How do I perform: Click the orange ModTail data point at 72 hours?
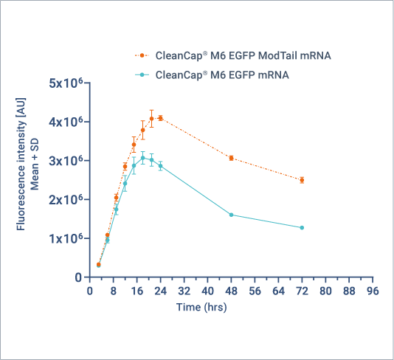tap(302, 180)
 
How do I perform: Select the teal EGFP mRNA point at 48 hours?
tap(231, 215)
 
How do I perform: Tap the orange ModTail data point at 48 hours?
tap(231, 158)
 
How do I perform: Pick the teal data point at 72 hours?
tap(302, 227)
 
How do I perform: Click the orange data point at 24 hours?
tap(160, 118)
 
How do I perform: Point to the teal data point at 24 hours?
tap(160, 166)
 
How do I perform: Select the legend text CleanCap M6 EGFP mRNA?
tap(222, 75)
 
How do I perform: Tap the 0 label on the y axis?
tap(77, 277)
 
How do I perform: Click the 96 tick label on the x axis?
tap(373, 291)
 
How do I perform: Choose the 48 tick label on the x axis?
tap(231, 291)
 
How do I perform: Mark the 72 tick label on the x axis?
tap(302, 291)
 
